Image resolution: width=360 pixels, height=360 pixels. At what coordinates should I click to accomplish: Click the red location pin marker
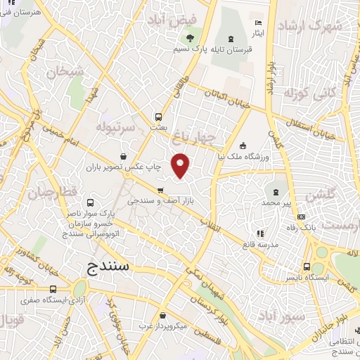click(181, 165)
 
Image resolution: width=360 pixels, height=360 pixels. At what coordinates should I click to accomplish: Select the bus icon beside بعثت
click(158, 117)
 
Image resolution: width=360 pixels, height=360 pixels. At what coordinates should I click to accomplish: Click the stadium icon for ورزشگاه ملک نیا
click(243, 146)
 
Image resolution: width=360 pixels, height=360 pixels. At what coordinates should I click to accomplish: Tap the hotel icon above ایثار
click(257, 24)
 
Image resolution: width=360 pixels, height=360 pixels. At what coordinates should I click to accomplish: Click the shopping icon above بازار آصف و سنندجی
click(160, 190)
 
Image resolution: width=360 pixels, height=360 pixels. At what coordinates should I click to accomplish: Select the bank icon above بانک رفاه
click(302, 217)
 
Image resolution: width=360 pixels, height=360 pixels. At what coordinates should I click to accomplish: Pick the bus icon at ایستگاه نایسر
click(306, 266)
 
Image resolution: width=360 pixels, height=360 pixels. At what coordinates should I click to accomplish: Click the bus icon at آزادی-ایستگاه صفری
click(53, 289)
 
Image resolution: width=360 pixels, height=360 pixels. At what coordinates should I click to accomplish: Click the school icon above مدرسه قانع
click(259, 233)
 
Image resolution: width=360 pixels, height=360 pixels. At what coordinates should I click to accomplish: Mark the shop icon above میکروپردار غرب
click(163, 316)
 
